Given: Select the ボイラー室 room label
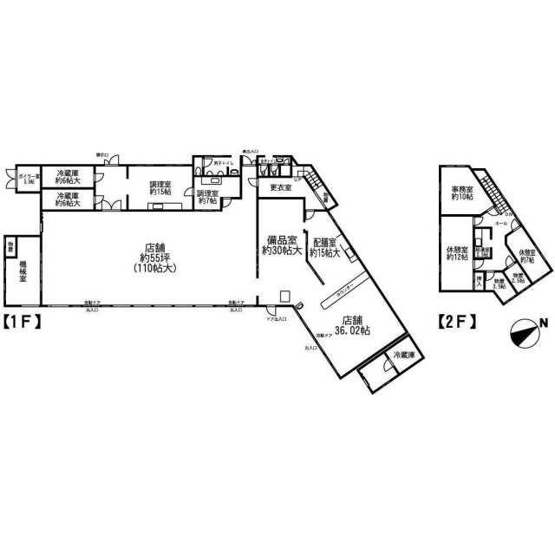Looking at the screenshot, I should point(23,179).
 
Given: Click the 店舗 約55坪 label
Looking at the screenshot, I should point(156,258).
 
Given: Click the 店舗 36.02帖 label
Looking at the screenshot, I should point(354,325).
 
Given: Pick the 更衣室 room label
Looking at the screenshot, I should point(279,188).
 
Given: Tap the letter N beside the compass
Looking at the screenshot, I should point(544,324).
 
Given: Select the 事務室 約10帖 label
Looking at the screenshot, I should point(460,194).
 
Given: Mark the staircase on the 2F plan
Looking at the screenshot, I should point(493,191).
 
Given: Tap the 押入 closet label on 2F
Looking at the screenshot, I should point(478,280).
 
